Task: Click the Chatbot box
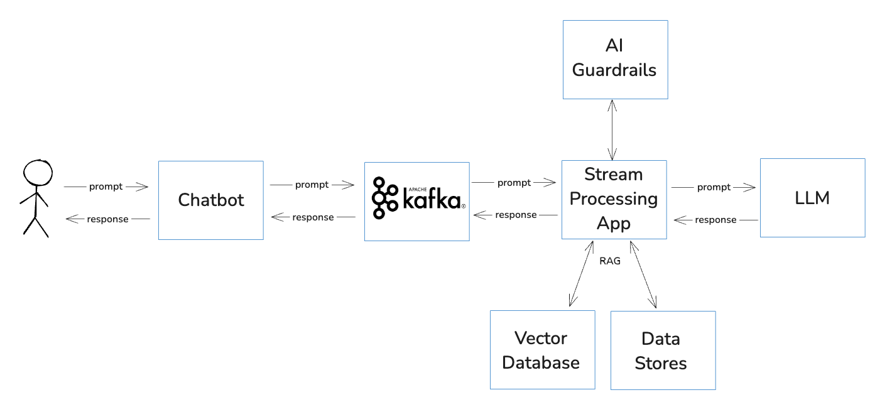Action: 210,200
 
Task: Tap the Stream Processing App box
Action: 614,199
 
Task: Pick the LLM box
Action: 812,198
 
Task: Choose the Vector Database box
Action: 542,350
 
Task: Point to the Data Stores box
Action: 663,350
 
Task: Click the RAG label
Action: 610,261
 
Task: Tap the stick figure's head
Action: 38,171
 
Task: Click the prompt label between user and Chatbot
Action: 106,187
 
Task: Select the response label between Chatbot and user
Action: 107,219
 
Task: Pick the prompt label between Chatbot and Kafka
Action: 312,185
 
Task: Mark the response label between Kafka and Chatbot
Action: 313,217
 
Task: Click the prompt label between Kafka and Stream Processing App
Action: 514,183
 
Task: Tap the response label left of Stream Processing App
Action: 516,215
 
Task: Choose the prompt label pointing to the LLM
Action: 714,187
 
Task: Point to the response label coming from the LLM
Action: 715,220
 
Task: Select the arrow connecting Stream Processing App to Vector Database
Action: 581,273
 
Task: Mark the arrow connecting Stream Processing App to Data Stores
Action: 643,274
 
